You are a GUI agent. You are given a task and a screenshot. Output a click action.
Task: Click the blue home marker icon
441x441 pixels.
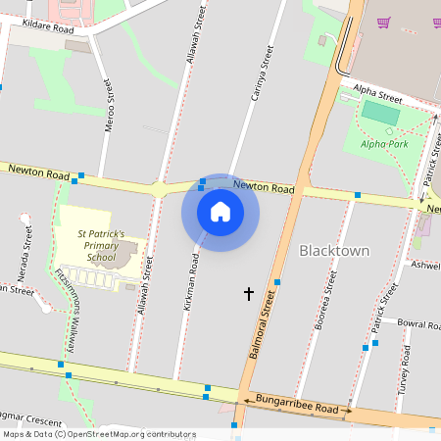(x=220, y=211)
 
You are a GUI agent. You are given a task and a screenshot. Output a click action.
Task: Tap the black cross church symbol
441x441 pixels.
(x=248, y=293)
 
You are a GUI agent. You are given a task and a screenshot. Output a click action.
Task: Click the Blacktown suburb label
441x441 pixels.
(x=334, y=251)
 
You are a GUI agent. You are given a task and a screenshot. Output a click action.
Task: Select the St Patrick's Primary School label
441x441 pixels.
(x=101, y=245)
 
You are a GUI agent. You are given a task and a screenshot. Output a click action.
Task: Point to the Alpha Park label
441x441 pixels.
(x=384, y=143)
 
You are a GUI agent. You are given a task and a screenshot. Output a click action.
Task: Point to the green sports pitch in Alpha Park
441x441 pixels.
(x=381, y=113)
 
